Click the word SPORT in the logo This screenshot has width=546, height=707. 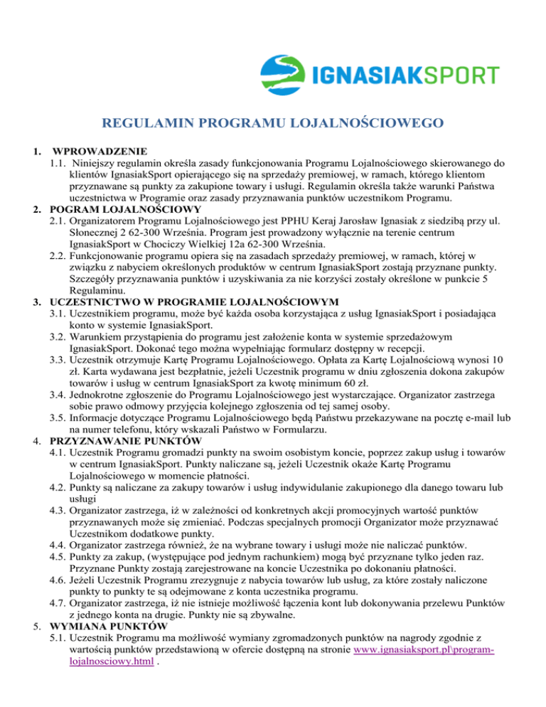click(x=461, y=75)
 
